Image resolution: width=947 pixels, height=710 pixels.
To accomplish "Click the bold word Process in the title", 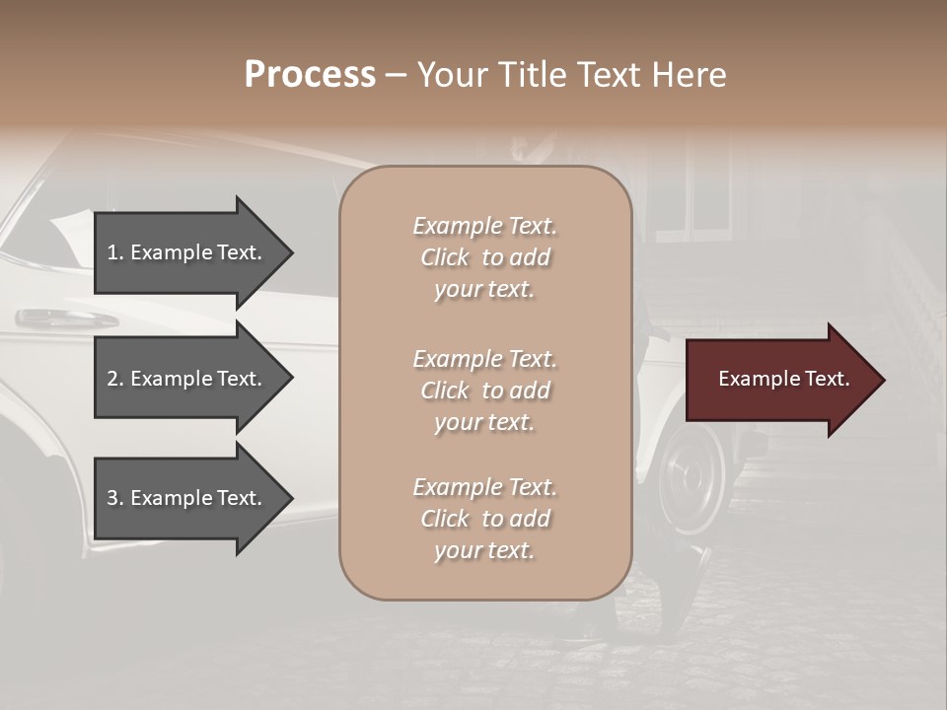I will (x=310, y=75).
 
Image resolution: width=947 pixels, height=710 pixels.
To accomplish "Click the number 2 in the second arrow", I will (x=113, y=379).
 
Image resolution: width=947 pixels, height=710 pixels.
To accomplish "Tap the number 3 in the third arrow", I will (x=113, y=498).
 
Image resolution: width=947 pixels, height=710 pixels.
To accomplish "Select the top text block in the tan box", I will (x=484, y=257).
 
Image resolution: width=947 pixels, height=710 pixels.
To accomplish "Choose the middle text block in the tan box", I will (x=484, y=390).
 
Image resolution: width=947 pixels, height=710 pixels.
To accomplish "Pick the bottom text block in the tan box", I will (x=484, y=519).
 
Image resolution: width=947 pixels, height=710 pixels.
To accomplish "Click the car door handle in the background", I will (x=63, y=318).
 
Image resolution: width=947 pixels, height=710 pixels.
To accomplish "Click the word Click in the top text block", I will (x=445, y=257).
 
